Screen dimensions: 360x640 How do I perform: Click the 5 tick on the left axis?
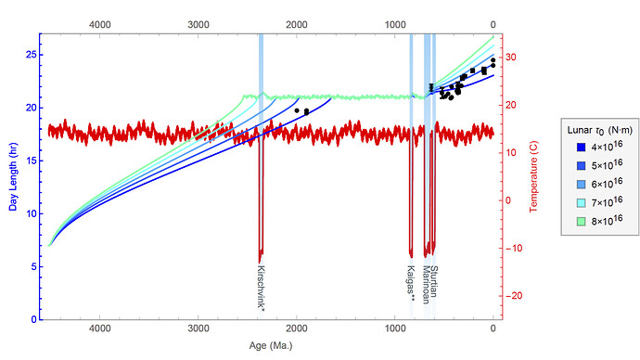click(x=31, y=267)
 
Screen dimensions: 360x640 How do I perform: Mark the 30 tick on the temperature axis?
click(x=513, y=58)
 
